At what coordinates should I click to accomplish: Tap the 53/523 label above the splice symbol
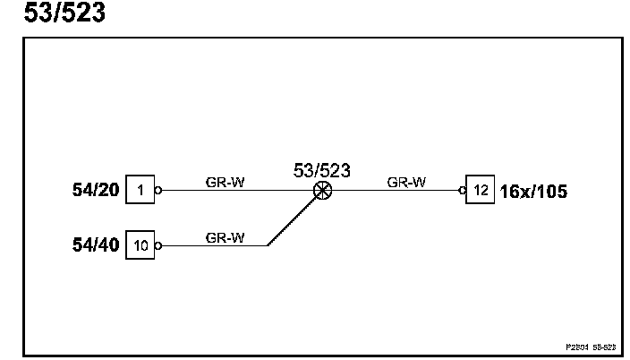322,170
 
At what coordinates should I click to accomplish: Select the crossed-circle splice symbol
322,190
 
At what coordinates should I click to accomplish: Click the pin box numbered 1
140,190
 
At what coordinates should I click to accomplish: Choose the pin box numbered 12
481,190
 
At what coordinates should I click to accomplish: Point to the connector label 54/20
96,190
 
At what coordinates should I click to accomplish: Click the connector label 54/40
96,244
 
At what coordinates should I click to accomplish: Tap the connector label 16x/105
533,190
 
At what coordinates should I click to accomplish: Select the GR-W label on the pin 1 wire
226,182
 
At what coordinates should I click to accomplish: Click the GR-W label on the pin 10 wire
226,237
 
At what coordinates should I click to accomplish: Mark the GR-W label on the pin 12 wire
406,182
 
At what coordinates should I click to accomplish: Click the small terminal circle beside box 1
158,190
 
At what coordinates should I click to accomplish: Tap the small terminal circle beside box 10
158,244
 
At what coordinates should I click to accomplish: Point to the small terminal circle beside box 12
463,190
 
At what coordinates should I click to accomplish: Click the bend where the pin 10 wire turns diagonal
268,244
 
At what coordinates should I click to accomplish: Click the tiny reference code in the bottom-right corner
589,344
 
